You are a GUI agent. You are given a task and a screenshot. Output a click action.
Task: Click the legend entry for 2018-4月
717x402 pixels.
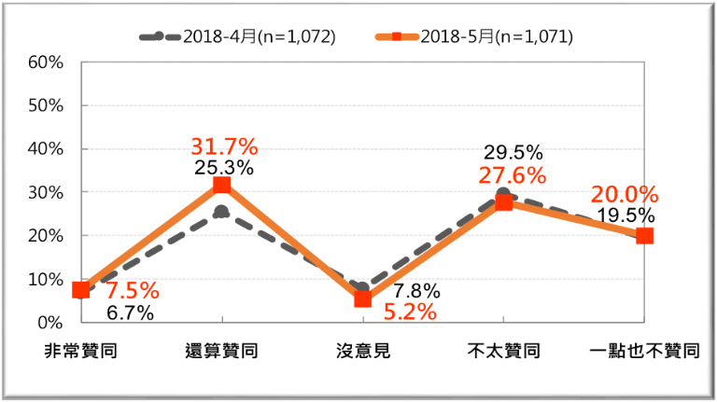tap(237, 37)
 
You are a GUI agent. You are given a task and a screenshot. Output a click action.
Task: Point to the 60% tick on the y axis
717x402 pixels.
tap(45, 62)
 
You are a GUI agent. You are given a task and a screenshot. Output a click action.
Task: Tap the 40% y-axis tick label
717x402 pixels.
tap(45, 149)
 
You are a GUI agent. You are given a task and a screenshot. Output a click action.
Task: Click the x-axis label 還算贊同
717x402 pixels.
tap(221, 352)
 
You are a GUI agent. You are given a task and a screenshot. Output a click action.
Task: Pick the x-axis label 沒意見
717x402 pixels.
tap(363, 352)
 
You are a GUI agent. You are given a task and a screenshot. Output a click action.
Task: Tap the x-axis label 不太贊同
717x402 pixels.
tap(503, 352)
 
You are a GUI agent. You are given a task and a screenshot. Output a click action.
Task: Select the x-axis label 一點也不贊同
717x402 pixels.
tap(644, 352)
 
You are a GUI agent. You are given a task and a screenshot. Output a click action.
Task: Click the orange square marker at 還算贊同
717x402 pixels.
tap(221, 185)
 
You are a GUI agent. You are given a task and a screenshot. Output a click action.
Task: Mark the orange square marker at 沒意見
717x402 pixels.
tap(363, 299)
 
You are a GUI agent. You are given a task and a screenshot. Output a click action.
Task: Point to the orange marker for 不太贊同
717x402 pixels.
tap(503, 202)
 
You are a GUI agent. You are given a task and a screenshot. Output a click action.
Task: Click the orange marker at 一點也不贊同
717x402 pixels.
tap(644, 236)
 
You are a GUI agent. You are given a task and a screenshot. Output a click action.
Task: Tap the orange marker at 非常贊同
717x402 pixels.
tap(81, 290)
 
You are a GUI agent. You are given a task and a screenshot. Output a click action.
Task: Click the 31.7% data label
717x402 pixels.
tap(224, 146)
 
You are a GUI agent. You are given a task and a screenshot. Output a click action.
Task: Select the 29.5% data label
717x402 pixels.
tap(513, 152)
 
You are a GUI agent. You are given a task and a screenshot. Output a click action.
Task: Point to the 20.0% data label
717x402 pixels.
tap(625, 195)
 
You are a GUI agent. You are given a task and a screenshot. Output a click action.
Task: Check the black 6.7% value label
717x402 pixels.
tap(130, 312)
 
